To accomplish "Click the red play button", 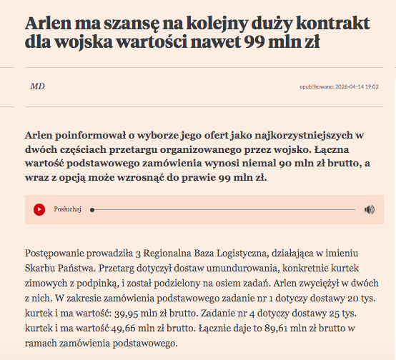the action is click(x=39, y=209).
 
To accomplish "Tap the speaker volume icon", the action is click(x=369, y=209).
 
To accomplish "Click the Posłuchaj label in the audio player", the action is click(x=68, y=209).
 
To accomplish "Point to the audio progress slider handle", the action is click(x=92, y=209).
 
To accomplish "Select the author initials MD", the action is click(x=37, y=86).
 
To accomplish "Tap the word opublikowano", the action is click(x=317, y=87).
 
